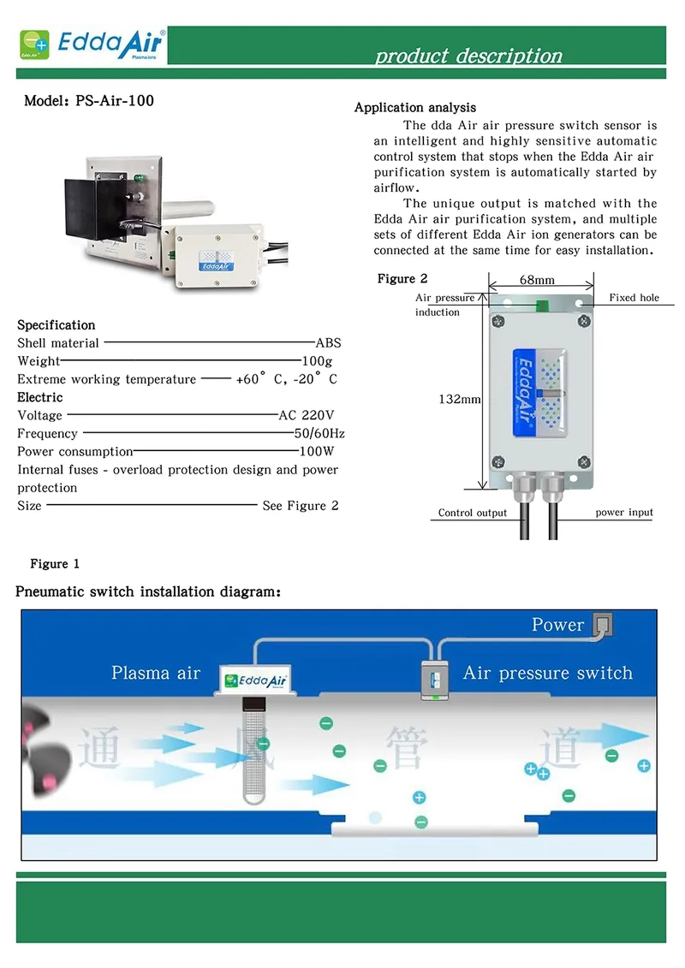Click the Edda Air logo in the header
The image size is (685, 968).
tap(94, 43)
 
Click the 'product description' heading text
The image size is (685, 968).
tap(468, 56)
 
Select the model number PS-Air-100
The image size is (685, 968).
tap(89, 101)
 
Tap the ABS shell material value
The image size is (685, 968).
tap(328, 343)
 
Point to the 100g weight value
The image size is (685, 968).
tap(317, 361)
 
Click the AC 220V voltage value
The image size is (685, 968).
tap(306, 415)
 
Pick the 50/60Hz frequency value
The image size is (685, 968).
tap(319, 434)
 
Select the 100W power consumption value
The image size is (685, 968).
tap(316, 452)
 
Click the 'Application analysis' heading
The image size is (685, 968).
tap(415, 108)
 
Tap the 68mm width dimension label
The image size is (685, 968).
tap(537, 280)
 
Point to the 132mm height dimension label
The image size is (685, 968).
tap(460, 399)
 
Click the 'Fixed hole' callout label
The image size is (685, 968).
tap(634, 298)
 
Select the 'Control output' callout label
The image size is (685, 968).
tap(473, 514)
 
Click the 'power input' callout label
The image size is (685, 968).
tap(624, 513)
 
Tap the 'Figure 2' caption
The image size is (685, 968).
tap(402, 279)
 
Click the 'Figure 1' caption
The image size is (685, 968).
tap(55, 564)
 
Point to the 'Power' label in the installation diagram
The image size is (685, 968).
tap(557, 625)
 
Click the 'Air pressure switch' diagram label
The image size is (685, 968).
tap(547, 673)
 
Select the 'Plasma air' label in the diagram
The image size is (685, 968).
tap(156, 673)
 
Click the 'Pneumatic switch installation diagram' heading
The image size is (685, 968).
tap(148, 591)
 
